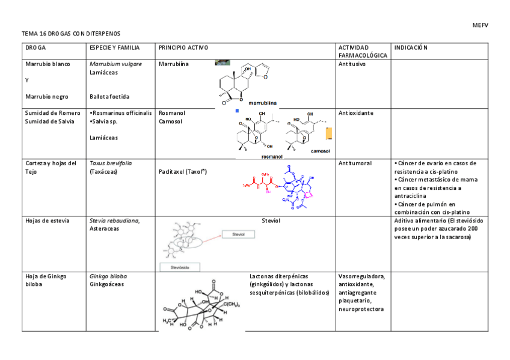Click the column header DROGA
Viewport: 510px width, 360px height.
(35, 47)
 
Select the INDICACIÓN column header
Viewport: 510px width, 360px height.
(410, 47)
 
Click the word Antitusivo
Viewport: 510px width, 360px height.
(352, 64)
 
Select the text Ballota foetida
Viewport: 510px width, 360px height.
(109, 96)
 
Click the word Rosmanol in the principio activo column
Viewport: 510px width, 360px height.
(171, 112)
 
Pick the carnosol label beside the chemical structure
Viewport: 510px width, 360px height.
(321, 151)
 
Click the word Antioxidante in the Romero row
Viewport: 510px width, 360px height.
(355, 112)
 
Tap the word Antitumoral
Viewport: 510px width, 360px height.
(355, 163)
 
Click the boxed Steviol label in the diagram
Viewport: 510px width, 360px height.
(239, 235)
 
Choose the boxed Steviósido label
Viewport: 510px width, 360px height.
(179, 266)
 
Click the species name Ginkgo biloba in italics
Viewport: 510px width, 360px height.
(108, 276)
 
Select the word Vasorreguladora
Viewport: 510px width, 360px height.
(361, 276)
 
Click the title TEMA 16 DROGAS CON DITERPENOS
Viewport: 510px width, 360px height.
(75, 34)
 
